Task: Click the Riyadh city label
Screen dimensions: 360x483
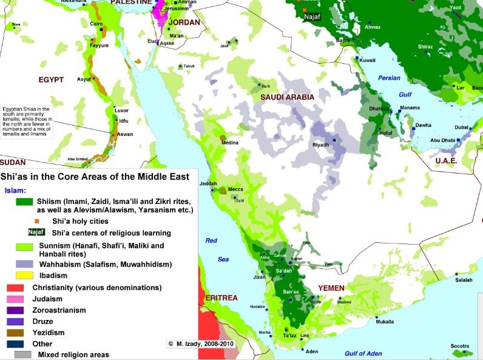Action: (x=320, y=145)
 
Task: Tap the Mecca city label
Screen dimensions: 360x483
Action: (x=235, y=188)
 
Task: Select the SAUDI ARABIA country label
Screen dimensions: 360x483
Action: (x=287, y=97)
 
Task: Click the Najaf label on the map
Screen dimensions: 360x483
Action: (x=311, y=18)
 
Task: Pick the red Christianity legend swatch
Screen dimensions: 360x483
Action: (x=15, y=287)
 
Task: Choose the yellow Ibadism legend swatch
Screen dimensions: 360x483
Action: (x=24, y=276)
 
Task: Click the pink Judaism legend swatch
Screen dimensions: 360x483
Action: (x=15, y=299)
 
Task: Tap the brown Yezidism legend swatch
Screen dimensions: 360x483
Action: (x=15, y=333)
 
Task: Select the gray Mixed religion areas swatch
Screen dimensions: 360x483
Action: (x=23, y=355)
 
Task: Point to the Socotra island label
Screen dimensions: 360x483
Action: (x=460, y=346)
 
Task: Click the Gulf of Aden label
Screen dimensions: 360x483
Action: (x=363, y=353)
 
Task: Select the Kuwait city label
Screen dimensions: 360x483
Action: (x=367, y=60)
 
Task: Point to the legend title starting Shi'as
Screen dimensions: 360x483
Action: (x=95, y=176)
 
